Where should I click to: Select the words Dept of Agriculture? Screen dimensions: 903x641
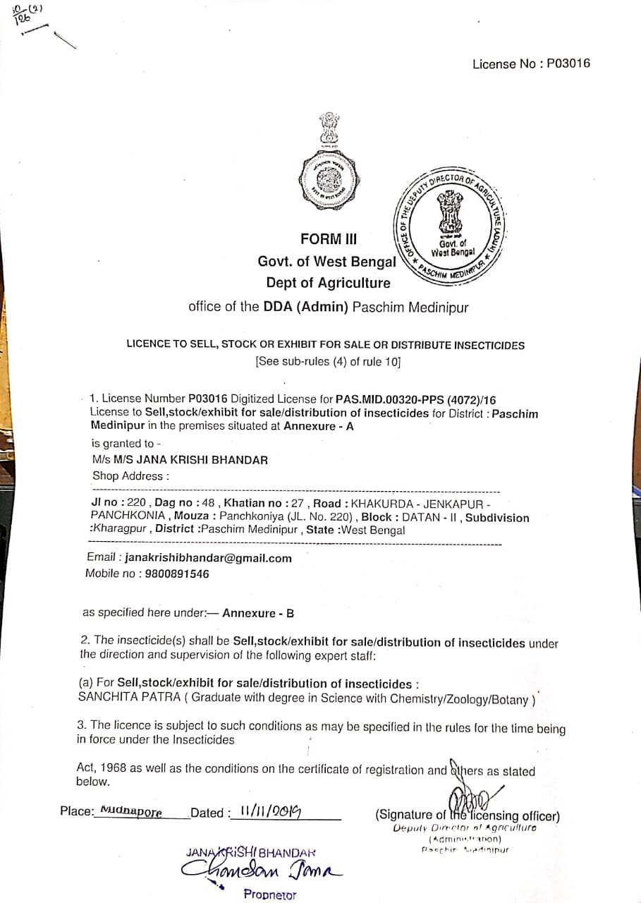click(328, 283)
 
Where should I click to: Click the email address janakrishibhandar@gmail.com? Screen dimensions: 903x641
click(208, 558)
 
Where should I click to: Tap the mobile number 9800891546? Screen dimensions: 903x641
click(177, 574)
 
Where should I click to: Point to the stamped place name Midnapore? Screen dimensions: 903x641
click(131, 811)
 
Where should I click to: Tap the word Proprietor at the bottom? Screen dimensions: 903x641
click(270, 895)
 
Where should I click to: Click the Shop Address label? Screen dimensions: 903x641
click(130, 475)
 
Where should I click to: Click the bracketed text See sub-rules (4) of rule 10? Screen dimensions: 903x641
click(328, 362)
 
